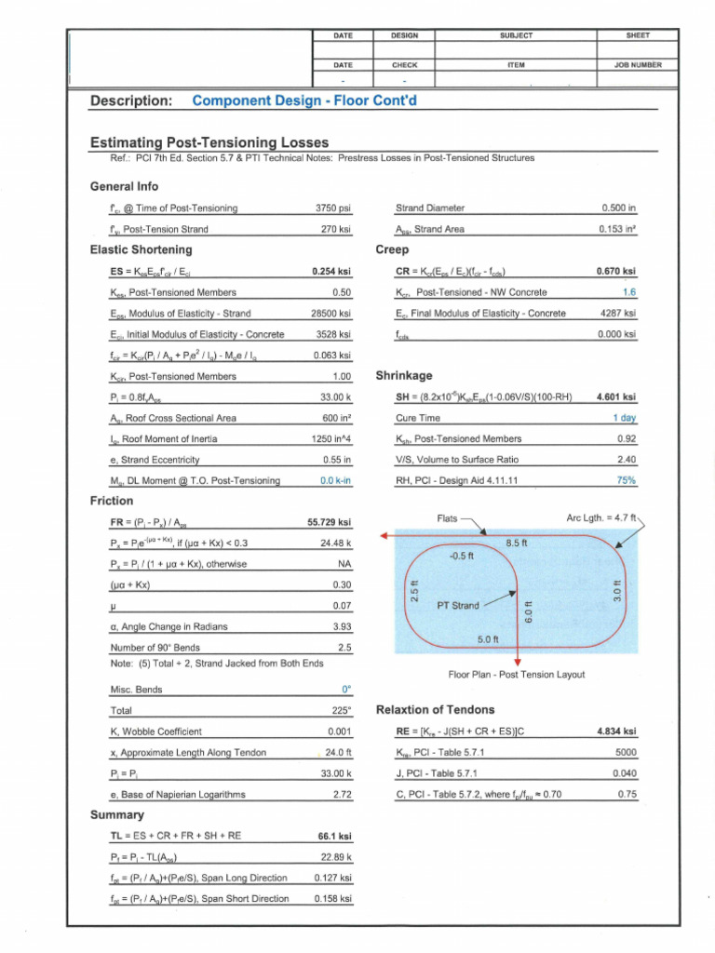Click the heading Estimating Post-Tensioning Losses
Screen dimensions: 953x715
[209, 142]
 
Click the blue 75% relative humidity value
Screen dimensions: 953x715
[627, 480]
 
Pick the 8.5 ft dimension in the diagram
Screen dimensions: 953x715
[517, 543]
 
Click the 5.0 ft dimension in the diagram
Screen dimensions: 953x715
[489, 639]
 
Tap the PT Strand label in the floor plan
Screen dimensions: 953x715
[457, 606]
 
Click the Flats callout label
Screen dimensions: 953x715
[447, 518]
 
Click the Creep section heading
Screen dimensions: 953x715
[392, 249]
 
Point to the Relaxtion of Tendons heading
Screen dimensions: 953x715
[435, 710]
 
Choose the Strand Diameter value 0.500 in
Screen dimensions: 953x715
[619, 208]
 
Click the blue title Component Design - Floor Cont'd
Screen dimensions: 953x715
[304, 101]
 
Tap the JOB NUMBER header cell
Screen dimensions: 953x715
[638, 65]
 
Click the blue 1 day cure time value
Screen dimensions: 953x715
[624, 418]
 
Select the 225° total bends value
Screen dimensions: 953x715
[341, 711]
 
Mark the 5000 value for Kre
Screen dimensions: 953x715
[626, 752]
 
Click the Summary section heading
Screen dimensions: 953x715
[116, 814]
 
